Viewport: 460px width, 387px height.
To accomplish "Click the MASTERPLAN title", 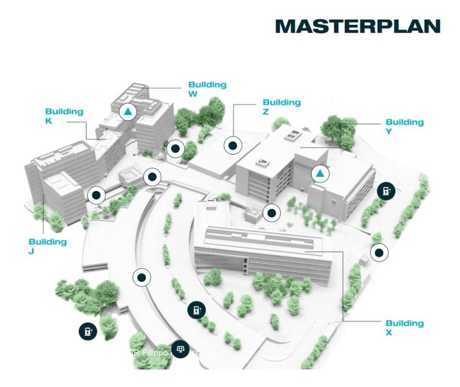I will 357,26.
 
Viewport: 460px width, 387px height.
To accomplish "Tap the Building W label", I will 207,89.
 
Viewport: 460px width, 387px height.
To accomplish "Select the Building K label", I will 64,116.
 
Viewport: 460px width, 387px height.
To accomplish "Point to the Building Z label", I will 281,107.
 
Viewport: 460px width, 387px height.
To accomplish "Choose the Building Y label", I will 404,126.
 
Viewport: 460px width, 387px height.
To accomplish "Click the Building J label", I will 47,246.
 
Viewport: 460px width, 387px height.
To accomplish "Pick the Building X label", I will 404,328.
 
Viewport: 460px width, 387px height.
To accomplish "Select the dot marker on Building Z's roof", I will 233,146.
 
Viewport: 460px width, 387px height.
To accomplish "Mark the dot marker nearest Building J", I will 96,195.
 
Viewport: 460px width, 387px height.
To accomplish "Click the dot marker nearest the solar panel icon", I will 142,277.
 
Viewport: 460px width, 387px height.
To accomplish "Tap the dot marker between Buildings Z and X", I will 272,213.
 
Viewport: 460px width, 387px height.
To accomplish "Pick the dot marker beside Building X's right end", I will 379,252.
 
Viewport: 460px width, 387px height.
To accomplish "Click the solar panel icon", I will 180,349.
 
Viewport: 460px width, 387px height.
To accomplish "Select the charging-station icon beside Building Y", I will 386,190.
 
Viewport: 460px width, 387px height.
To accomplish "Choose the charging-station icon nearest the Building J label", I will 88,331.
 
